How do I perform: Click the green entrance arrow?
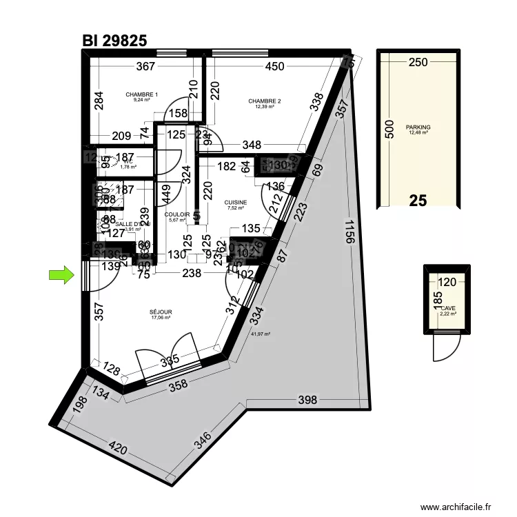point(61,276)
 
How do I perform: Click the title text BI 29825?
point(114,41)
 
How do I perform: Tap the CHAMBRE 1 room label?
point(142,94)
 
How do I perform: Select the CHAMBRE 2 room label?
point(265,101)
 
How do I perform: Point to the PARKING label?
point(418,128)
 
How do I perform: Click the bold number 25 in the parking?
point(418,201)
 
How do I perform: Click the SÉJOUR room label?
point(161,312)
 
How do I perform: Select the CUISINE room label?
point(236,203)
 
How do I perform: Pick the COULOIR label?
point(177,214)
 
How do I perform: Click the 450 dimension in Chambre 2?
point(274,67)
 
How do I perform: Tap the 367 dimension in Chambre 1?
point(145,67)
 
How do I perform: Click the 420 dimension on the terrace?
point(119,449)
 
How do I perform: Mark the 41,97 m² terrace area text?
point(261,334)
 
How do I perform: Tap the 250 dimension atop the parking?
point(418,62)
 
